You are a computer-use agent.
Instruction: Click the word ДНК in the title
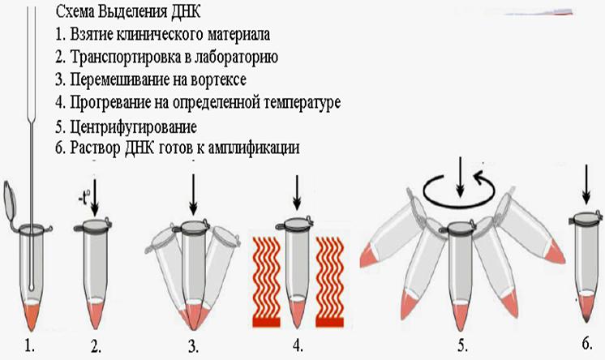point(185,11)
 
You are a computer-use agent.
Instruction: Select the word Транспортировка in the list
point(122,57)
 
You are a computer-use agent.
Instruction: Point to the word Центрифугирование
point(134,126)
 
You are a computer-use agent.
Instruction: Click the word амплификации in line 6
point(254,148)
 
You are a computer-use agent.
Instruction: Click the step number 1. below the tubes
point(30,346)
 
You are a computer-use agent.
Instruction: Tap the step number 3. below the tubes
point(193,346)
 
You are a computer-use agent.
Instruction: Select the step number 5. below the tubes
point(463,345)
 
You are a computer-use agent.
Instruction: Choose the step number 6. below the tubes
point(586,343)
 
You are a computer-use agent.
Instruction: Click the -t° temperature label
point(84,199)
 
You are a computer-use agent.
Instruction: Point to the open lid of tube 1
point(10,199)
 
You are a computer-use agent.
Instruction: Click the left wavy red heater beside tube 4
point(266,282)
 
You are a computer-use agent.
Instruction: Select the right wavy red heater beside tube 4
point(329,282)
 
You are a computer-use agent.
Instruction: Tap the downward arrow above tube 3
point(193,195)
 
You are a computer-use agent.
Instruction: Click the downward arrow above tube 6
point(586,184)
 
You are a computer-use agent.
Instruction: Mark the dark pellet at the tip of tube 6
point(586,318)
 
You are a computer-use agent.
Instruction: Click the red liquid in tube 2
point(96,315)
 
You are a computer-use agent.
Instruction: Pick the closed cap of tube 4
point(296,224)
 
